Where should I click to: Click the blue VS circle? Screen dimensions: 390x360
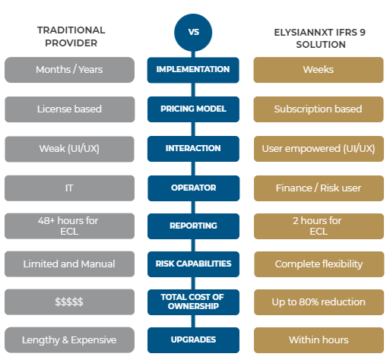click(x=193, y=33)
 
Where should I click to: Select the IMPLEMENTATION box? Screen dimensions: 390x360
click(x=193, y=70)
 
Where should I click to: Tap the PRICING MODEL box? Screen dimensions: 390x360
click(x=193, y=109)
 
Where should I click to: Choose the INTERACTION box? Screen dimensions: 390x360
click(x=193, y=149)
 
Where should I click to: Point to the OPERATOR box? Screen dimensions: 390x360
click(x=193, y=188)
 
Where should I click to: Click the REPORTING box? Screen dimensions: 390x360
click(x=193, y=226)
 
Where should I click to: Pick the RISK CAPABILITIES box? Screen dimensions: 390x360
click(x=193, y=264)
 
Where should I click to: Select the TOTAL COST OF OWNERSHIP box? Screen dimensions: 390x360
click(x=193, y=302)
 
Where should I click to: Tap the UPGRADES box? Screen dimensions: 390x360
click(x=193, y=340)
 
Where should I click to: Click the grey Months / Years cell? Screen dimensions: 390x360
click(x=69, y=70)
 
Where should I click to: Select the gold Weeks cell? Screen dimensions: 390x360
click(x=319, y=70)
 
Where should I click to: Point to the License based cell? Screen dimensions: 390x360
click(x=69, y=109)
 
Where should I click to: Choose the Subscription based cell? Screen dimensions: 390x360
click(x=319, y=109)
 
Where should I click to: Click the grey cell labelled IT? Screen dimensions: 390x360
click(x=69, y=188)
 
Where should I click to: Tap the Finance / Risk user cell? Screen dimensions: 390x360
click(x=319, y=188)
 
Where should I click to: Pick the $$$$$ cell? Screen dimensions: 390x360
click(x=69, y=302)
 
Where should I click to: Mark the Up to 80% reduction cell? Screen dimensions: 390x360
click(x=319, y=302)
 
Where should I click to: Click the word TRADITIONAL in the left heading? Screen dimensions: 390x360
click(x=71, y=30)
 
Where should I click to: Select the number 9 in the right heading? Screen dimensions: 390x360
click(x=363, y=33)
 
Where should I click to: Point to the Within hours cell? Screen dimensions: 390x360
click(x=319, y=340)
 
